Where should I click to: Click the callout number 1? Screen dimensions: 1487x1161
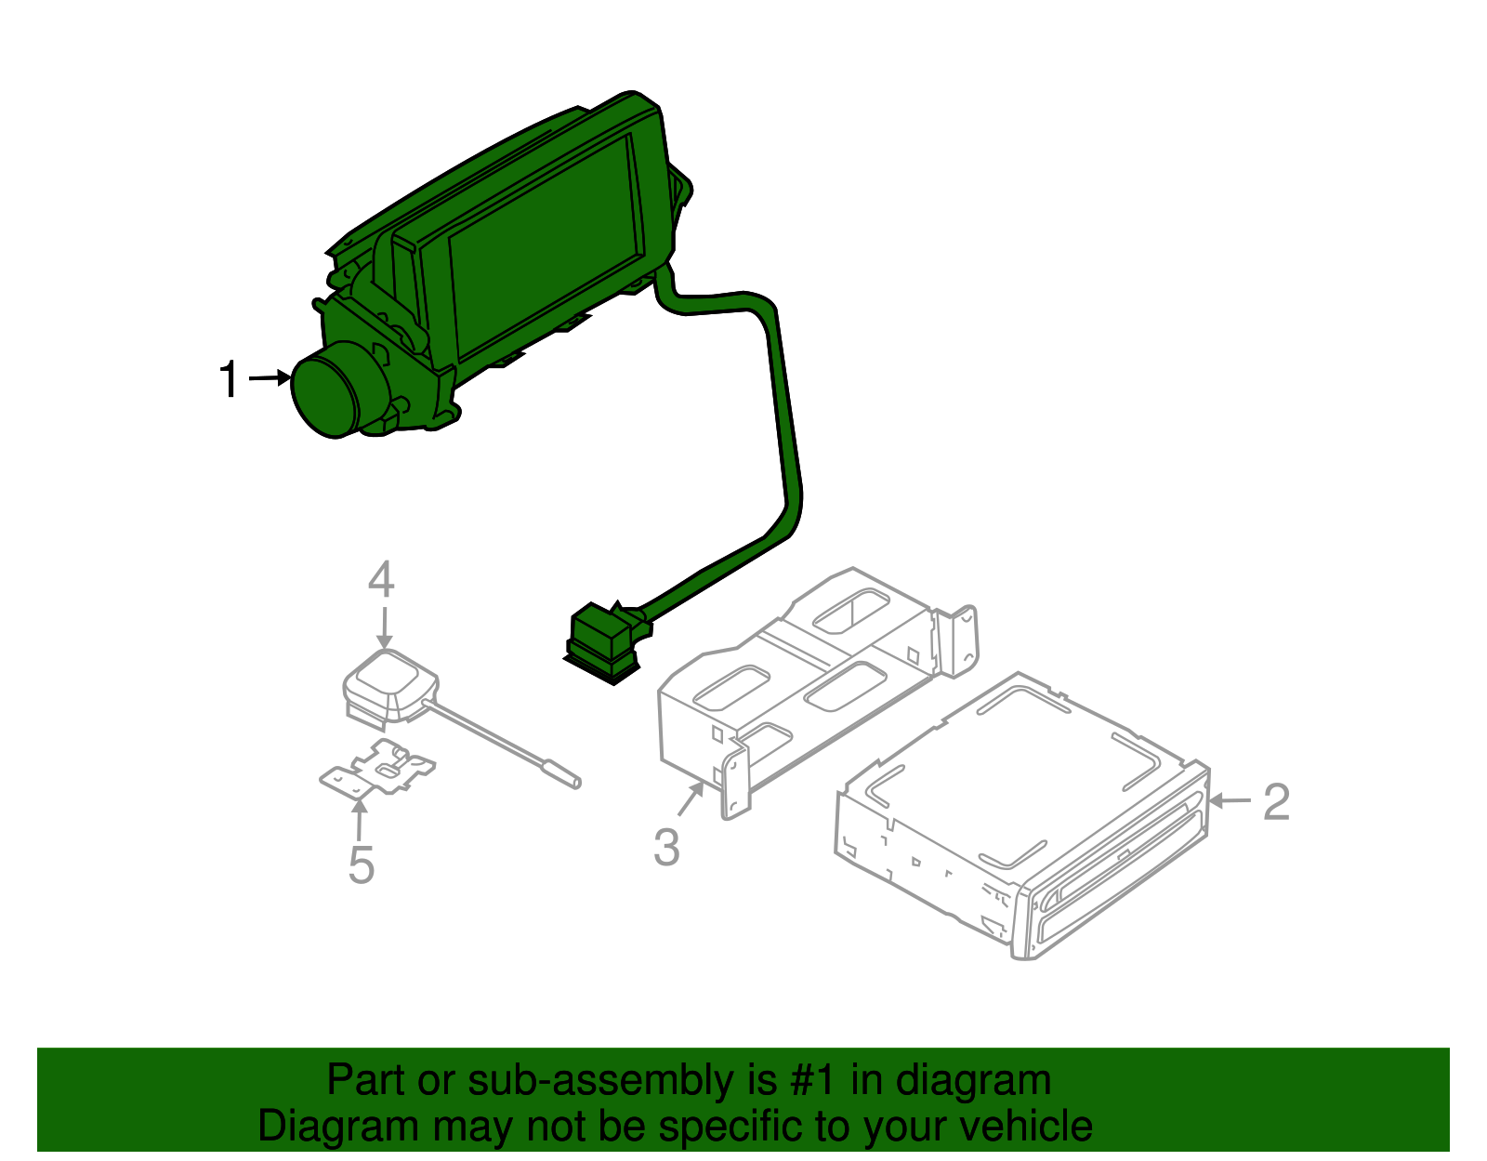[230, 380]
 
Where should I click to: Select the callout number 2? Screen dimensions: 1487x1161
[1277, 801]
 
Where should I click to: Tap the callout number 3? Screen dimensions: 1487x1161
[666, 848]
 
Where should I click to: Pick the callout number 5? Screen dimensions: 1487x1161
[362, 865]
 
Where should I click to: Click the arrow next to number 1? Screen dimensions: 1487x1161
[270, 377]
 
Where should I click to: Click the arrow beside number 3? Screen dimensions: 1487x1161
[691, 800]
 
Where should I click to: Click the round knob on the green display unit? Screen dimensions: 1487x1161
[325, 390]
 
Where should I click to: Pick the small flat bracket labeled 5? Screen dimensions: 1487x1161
[377, 768]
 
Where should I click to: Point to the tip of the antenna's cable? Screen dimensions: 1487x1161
[576, 783]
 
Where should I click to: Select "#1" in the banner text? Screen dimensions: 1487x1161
[814, 1080]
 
